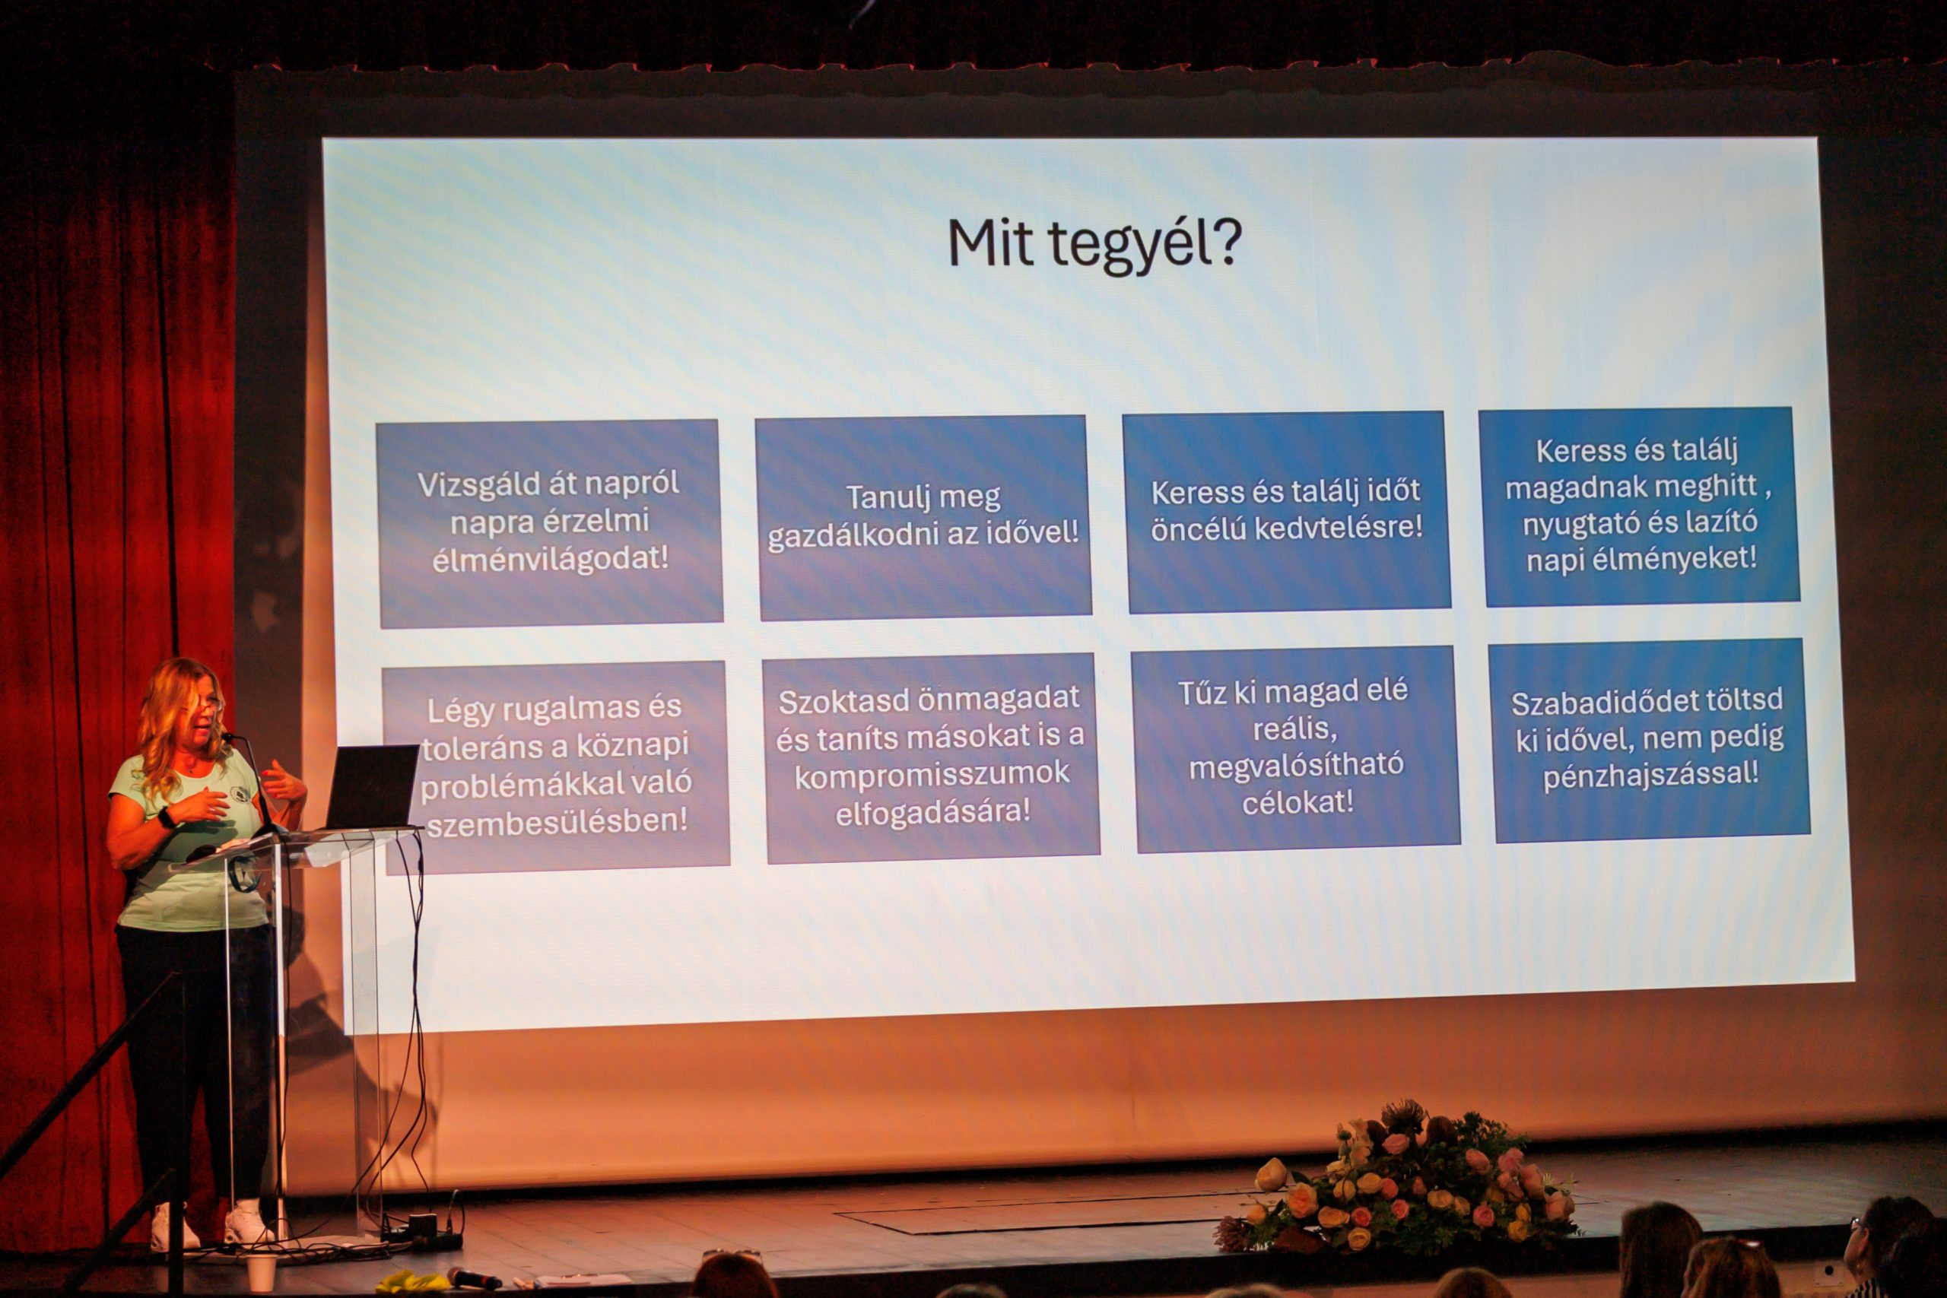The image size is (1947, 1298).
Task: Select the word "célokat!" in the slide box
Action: click(x=1298, y=801)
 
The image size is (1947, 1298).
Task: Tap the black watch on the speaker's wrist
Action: click(x=167, y=818)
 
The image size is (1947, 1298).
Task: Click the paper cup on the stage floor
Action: click(x=261, y=1271)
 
